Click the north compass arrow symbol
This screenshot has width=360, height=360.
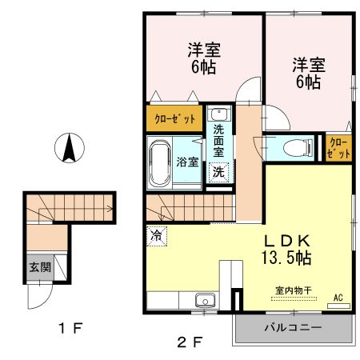[70, 148]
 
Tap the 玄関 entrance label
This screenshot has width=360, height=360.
[38, 267]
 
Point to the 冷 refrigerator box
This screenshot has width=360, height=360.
[156, 236]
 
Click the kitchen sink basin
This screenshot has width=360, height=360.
[206, 302]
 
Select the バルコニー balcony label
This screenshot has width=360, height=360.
[293, 328]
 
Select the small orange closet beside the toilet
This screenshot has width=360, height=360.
[338, 148]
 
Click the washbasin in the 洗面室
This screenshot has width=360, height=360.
[218, 114]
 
